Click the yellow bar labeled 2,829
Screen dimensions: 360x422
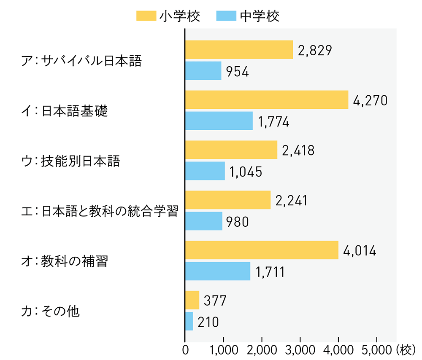pos(239,50)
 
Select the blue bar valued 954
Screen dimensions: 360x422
pos(203,70)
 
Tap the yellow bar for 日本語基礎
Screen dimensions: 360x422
pos(267,100)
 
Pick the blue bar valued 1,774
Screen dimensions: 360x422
pos(219,121)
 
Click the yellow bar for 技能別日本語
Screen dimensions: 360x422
pos(231,150)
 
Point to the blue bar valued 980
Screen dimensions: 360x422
pos(204,221)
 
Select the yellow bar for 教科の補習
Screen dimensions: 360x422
pos(262,250)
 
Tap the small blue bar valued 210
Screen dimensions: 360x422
pos(189,321)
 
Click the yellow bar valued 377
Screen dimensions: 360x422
pos(192,300)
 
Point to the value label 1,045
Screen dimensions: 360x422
pos(246,172)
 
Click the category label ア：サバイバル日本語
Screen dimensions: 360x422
pos(82,61)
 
